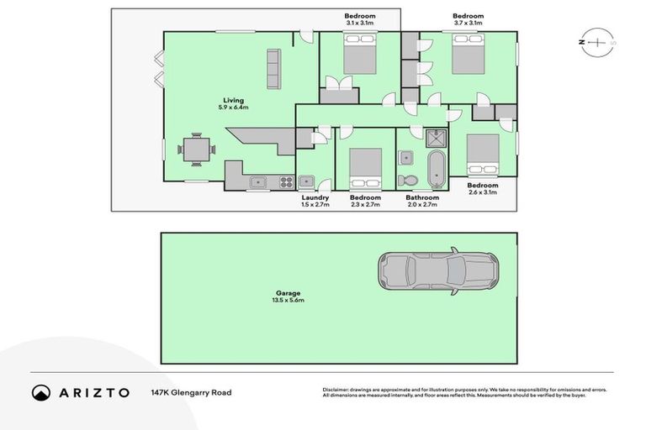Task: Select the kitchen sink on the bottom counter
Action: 256,181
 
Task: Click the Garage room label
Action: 288,293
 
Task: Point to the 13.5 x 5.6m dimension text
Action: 288,301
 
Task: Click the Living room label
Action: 234,101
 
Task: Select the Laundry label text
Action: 315,197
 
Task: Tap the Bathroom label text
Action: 423,197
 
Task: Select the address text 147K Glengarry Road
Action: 191,392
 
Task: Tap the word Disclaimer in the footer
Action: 337,389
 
